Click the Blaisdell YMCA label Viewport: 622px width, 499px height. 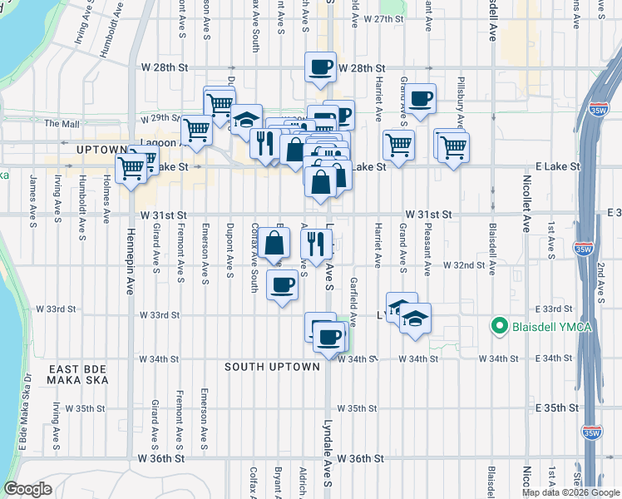552,326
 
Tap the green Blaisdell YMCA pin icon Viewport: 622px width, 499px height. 501,326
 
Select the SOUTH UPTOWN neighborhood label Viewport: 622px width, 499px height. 273,367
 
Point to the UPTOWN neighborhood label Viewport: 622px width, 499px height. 101,150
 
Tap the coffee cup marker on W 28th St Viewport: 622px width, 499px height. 320,67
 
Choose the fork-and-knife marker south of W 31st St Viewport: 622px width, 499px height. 315,243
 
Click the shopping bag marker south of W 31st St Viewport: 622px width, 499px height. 274,243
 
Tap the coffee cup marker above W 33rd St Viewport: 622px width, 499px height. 282,285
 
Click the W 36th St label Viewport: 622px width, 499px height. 163,459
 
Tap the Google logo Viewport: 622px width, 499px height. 27,489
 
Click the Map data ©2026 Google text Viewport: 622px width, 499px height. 570,492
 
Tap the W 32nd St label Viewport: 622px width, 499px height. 464,265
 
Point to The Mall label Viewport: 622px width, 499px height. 62,124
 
